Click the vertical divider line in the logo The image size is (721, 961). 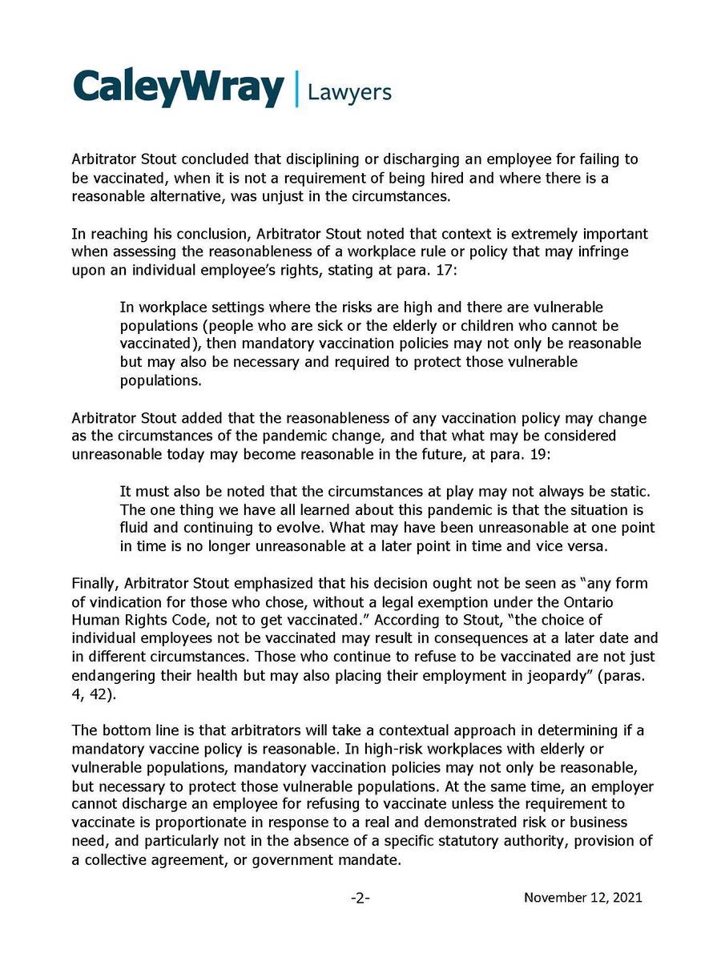pos(296,88)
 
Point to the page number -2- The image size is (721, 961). pos(360,899)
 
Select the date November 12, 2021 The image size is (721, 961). pos(583,899)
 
